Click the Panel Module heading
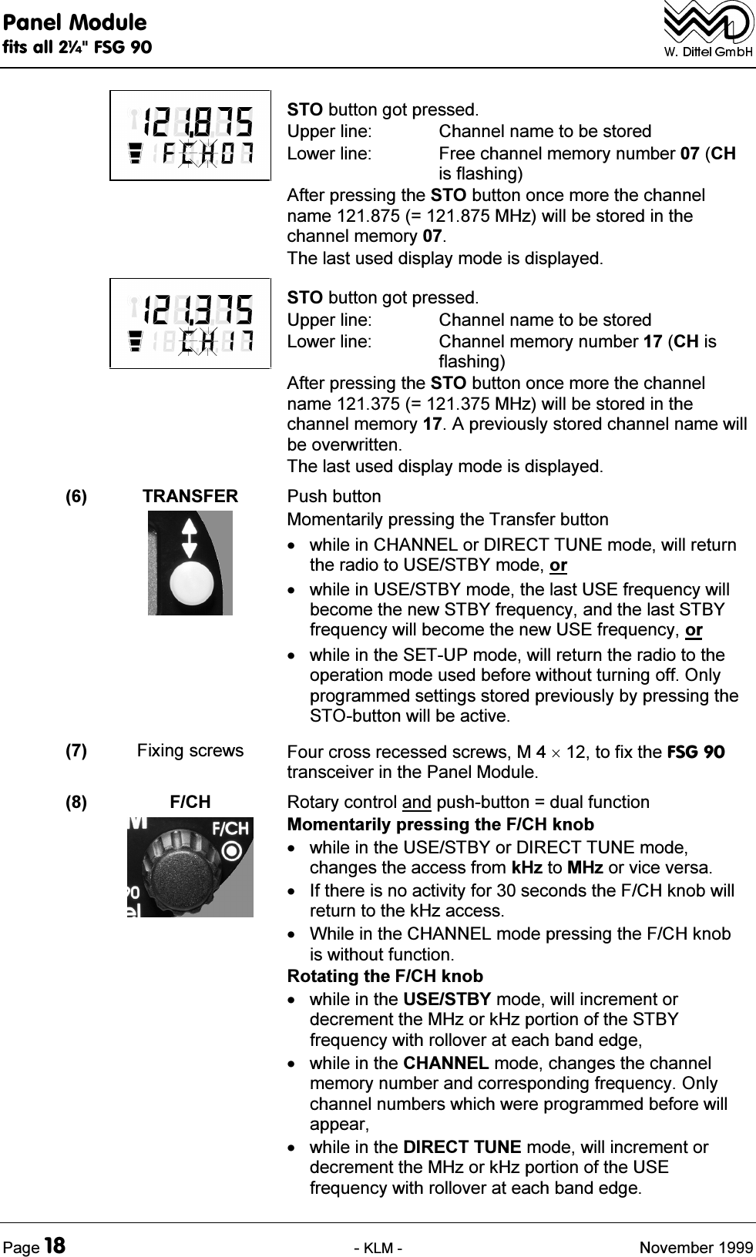pos(74,22)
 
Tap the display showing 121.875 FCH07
pos(190,136)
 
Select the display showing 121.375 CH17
pos(190,323)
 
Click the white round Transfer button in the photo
pos(190,585)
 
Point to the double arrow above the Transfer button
pos(190,537)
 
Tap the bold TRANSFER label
pos(190,497)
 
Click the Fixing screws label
pos(190,751)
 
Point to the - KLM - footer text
pos(378,1246)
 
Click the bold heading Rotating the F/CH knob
pos(385,977)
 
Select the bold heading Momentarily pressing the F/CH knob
pos(440,825)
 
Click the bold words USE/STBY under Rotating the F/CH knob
pos(447,1000)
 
